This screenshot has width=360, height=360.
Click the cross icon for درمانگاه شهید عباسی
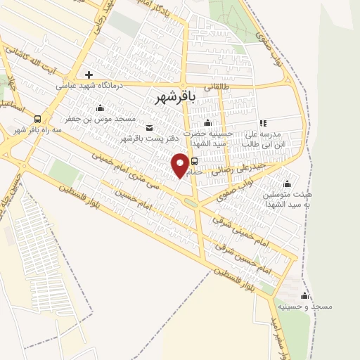89,75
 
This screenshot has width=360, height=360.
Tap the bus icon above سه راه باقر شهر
37,120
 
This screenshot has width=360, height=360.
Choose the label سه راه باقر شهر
36,131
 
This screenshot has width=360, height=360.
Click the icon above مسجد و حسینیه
304,295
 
